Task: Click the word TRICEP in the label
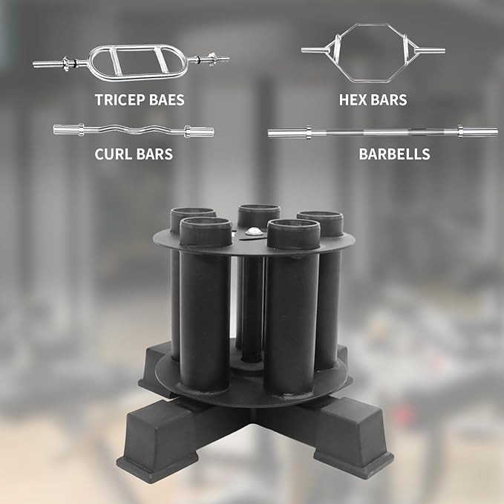[x=120, y=99]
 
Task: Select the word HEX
[x=353, y=99]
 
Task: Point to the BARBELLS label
[x=394, y=154]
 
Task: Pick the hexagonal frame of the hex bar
[x=369, y=24]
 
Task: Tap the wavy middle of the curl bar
[x=134, y=130]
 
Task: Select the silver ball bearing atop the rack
[x=254, y=232]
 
